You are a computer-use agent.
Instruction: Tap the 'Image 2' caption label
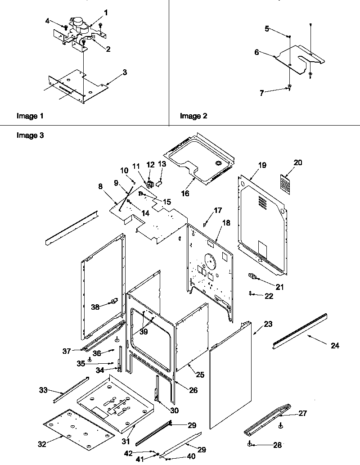click(193, 116)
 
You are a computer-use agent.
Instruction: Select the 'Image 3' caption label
click(30, 135)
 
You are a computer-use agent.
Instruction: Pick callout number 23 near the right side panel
click(268, 324)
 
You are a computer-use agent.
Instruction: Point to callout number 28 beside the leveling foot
click(277, 445)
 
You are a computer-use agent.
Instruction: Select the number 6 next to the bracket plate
click(256, 52)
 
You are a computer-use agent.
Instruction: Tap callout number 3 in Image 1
click(125, 72)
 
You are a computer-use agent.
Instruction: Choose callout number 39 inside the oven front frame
click(144, 332)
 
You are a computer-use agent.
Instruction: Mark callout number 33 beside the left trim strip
click(43, 390)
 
